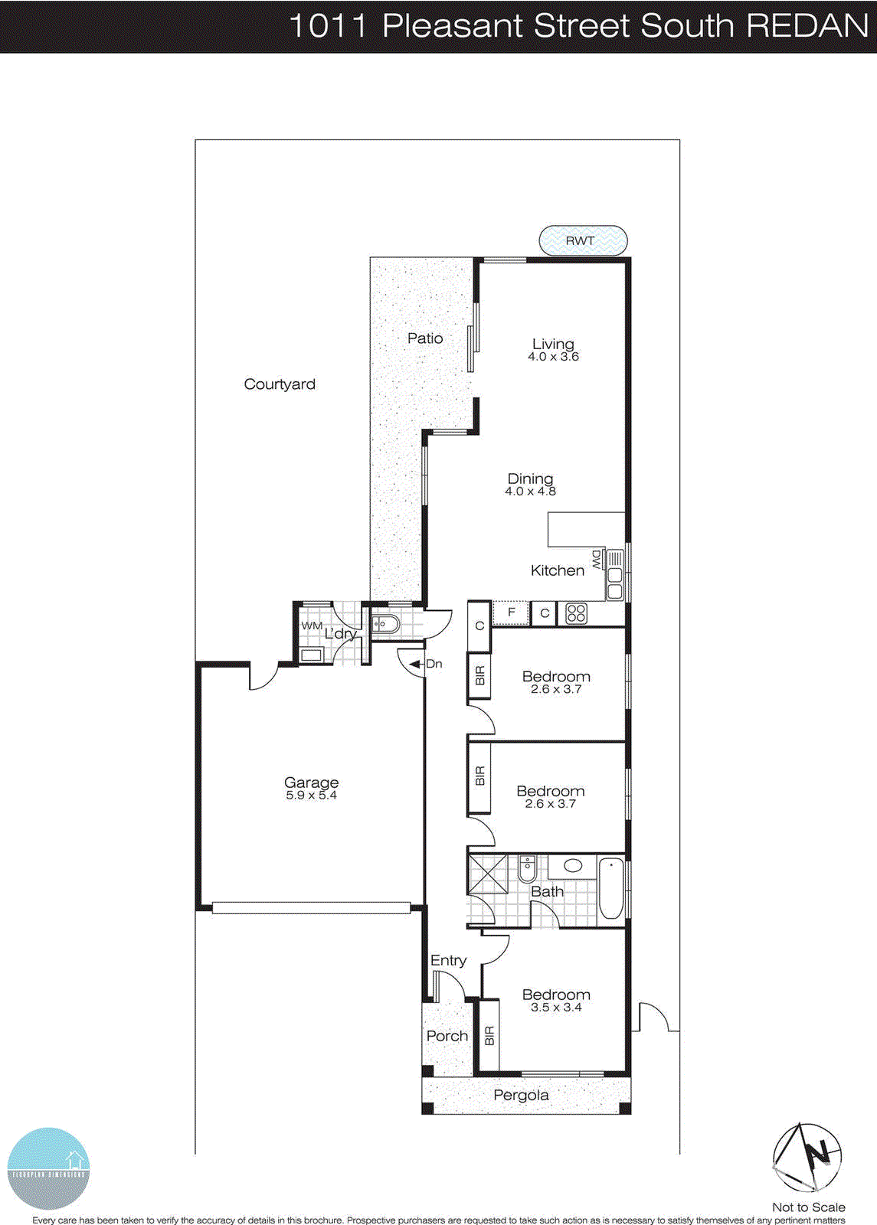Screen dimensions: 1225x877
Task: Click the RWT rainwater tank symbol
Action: click(583, 240)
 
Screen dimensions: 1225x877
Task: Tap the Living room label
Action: click(553, 344)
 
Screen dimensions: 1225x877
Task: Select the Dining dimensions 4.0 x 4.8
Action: click(530, 492)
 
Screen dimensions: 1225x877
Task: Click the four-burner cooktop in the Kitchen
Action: click(576, 613)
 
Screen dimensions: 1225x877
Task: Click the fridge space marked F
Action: click(511, 612)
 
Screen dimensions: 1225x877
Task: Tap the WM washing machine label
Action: click(311, 626)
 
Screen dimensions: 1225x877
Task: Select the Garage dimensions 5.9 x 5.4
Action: click(311, 795)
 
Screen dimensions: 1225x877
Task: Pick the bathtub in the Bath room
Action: click(610, 890)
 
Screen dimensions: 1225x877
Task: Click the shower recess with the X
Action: click(488, 874)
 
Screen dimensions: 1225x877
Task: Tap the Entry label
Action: click(448, 960)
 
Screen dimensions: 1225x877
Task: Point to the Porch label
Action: click(447, 1036)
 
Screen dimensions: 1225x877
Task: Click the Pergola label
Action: click(521, 1095)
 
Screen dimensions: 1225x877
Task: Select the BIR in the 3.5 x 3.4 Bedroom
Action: click(489, 1036)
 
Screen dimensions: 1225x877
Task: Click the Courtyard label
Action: click(280, 384)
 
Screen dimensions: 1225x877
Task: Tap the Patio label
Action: click(425, 338)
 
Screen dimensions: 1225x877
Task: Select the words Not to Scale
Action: click(808, 1207)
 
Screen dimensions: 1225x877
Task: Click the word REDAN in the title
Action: click(807, 26)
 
